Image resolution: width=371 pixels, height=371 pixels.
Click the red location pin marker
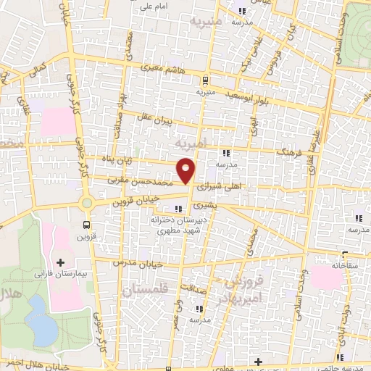click(x=186, y=171)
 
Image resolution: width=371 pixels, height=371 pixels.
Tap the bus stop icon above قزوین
click(x=88, y=225)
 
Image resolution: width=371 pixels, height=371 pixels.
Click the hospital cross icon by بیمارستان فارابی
click(x=60, y=262)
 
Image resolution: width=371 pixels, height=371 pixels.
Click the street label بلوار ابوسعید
click(x=251, y=95)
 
